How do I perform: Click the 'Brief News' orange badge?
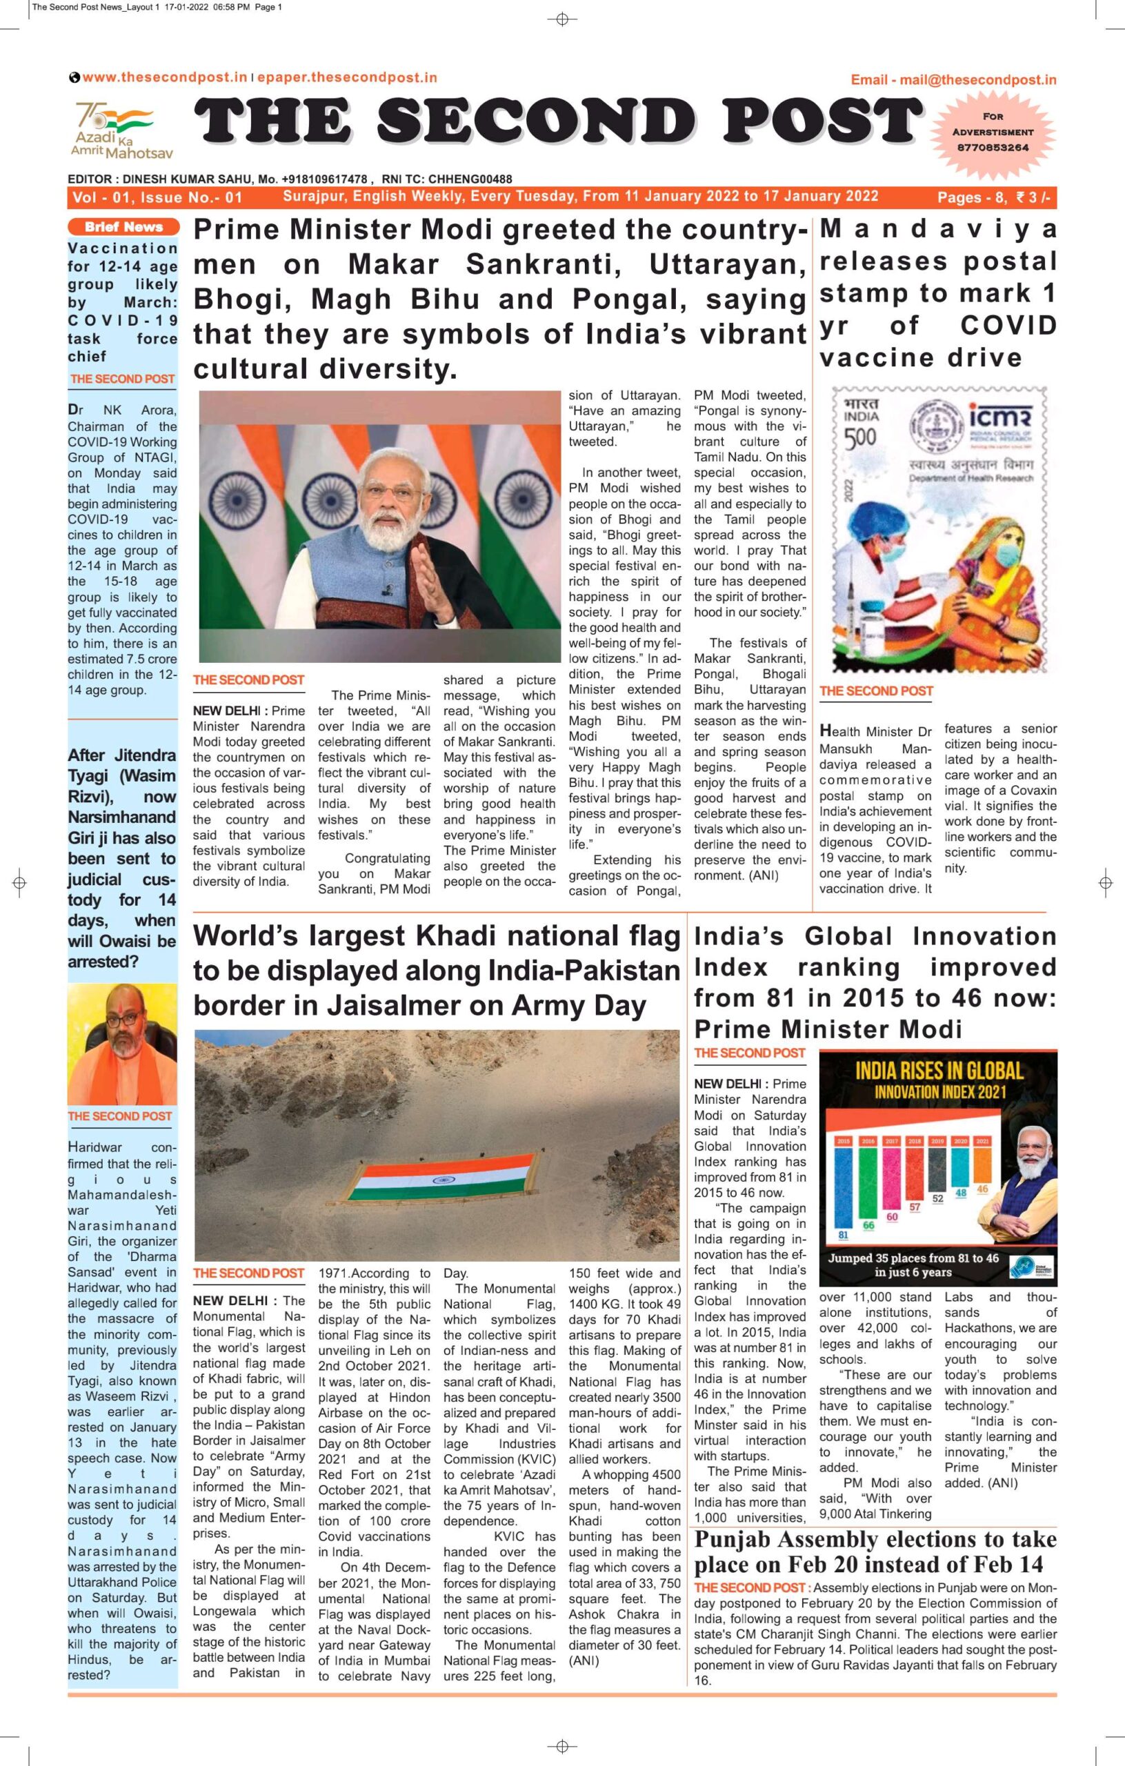pos(123,227)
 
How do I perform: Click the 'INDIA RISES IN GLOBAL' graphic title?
pos(938,1070)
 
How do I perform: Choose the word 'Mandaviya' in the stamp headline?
pos(937,230)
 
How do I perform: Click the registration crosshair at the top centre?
pos(563,19)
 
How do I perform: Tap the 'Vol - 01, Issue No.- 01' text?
pos(157,197)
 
